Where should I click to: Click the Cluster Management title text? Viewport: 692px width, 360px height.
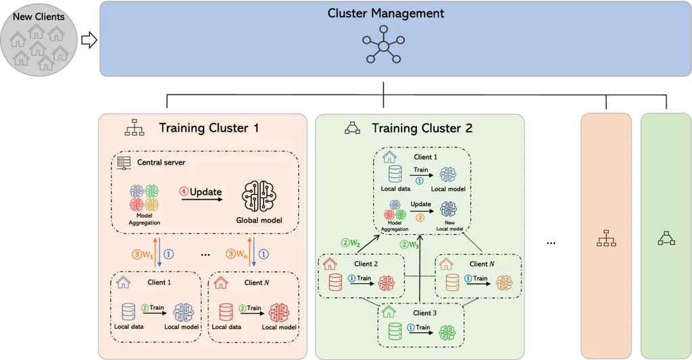385,14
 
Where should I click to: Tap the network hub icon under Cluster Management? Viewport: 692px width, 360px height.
384,45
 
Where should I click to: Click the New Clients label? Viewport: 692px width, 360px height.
39,17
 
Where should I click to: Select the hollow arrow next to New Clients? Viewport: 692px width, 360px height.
89,40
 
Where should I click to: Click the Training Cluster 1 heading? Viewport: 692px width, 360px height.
209,128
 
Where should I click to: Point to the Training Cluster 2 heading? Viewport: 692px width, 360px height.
422,128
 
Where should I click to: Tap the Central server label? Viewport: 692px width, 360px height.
161,162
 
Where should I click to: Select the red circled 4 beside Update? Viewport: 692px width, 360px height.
184,192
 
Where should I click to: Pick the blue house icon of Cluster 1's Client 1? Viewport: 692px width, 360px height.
123,282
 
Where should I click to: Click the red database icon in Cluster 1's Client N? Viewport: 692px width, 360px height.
226,312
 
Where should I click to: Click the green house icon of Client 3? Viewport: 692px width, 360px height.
389,311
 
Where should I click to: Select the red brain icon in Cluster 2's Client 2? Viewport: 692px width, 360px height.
387,283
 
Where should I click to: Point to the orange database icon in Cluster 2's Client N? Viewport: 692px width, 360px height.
452,283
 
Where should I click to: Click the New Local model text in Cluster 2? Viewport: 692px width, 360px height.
449,226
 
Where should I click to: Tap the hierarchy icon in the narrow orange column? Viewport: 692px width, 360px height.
606,238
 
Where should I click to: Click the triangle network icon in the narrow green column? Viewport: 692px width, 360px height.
666,238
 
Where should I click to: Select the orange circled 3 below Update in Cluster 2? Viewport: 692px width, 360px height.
420,217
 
